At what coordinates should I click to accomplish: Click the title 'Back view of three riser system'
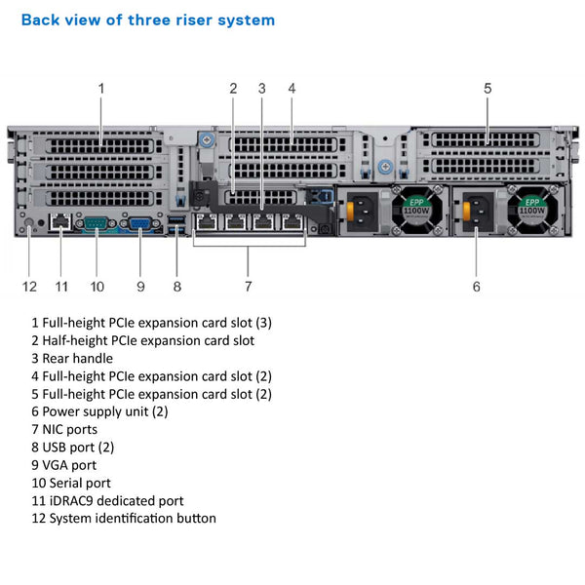(148, 19)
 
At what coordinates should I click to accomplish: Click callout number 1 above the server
(100, 89)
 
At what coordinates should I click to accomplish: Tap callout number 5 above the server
(487, 89)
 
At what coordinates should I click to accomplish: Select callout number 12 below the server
(30, 287)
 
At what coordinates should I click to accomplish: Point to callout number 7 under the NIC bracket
(249, 287)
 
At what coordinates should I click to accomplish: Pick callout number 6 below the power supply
(476, 287)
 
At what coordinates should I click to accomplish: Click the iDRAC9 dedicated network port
(60, 224)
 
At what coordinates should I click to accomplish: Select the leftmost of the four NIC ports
(207, 222)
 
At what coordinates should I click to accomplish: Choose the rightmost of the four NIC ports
(291, 222)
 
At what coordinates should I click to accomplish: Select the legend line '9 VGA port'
(70, 464)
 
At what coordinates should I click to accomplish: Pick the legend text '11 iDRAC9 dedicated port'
(107, 500)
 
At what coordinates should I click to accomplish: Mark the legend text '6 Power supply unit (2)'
(99, 411)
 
